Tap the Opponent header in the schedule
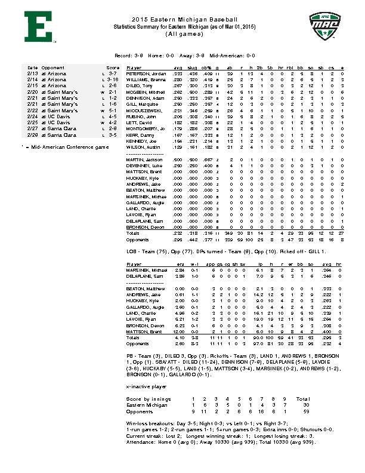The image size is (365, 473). point(53,67)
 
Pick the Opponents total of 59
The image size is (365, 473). point(304,410)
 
